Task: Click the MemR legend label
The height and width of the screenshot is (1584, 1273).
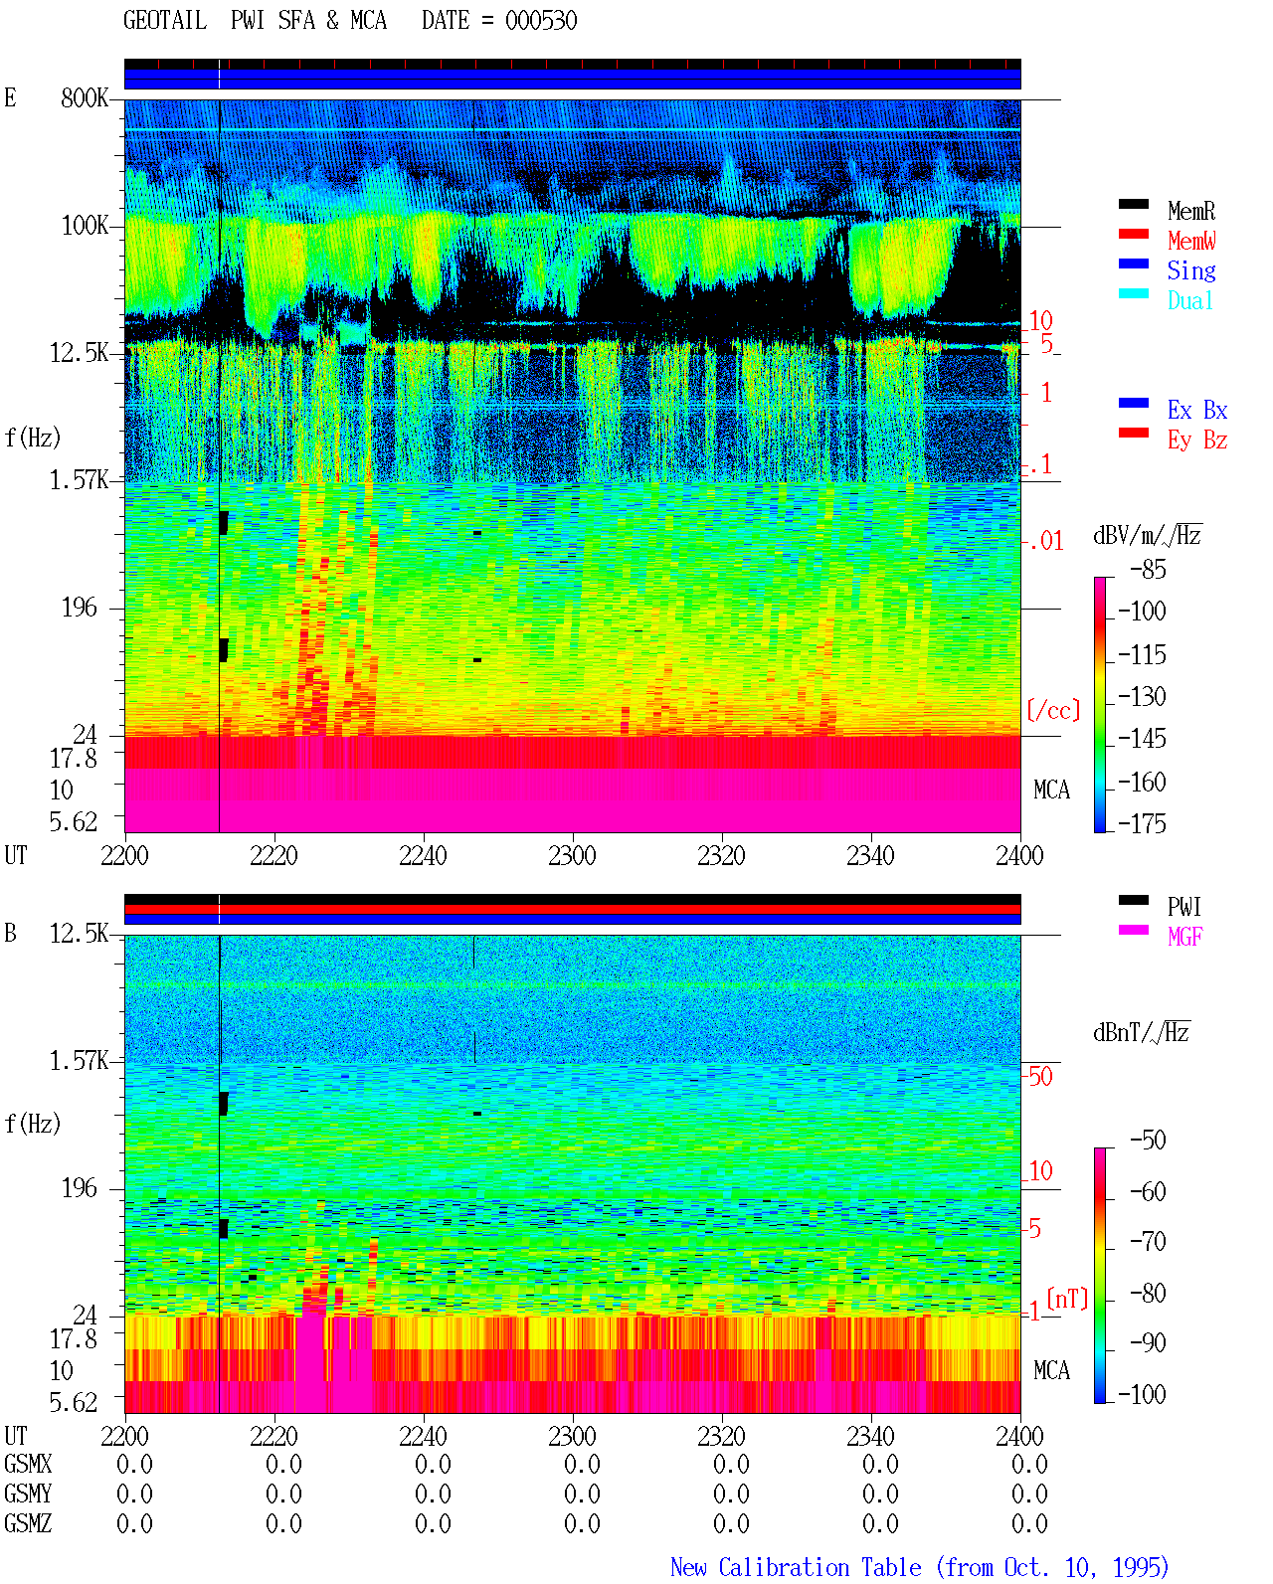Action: click(1190, 211)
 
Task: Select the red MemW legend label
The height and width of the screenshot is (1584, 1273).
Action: click(1191, 241)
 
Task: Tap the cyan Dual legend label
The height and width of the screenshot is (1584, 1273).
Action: click(1189, 300)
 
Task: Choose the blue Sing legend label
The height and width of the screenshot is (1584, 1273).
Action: click(1190, 270)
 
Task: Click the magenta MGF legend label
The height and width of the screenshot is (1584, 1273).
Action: click(1184, 937)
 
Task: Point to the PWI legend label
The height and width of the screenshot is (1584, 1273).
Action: click(1183, 907)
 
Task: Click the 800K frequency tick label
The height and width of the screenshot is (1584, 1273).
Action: click(85, 97)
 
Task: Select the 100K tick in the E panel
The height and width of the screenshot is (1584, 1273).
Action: click(85, 226)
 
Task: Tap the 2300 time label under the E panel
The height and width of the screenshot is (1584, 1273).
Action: click(572, 855)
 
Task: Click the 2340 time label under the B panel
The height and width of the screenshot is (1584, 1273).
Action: click(870, 1435)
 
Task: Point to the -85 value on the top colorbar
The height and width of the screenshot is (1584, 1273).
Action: click(1148, 569)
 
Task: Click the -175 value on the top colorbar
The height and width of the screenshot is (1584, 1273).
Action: click(1142, 823)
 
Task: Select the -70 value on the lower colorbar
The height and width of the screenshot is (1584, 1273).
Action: click(1148, 1242)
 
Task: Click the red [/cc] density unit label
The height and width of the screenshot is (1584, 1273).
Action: click(1053, 710)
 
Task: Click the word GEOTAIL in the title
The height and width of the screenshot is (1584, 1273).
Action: click(165, 21)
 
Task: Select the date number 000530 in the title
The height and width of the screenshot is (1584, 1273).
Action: click(541, 21)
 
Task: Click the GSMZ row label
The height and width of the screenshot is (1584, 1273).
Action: click(28, 1523)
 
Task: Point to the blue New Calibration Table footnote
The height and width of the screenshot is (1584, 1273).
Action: click(920, 1567)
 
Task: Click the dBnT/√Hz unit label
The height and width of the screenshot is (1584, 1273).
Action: click(1142, 1032)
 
